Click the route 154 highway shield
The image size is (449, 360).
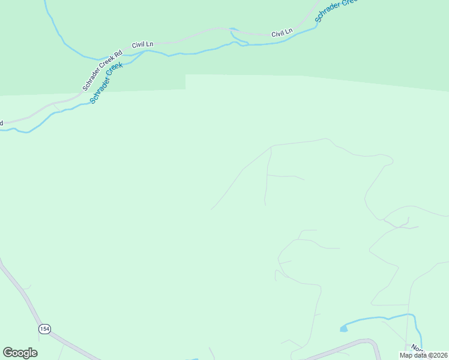(44, 329)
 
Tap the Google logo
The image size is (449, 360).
(20, 353)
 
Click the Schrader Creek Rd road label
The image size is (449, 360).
(103, 71)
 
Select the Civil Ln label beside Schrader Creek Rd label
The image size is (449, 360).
(143, 44)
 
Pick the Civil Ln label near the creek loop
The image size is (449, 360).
(282, 33)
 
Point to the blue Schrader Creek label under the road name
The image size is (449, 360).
(106, 83)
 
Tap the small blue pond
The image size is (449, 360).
(343, 328)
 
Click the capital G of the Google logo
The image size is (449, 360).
(8, 352)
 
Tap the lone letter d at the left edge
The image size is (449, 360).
(1, 123)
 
